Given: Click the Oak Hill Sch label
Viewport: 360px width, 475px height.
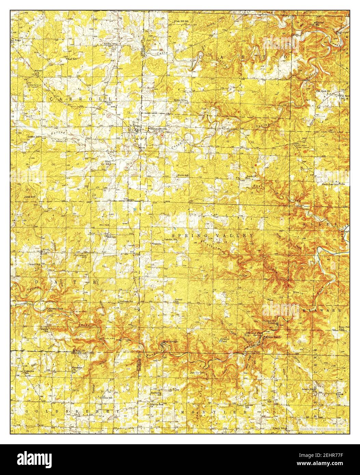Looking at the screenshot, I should (183, 21).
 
